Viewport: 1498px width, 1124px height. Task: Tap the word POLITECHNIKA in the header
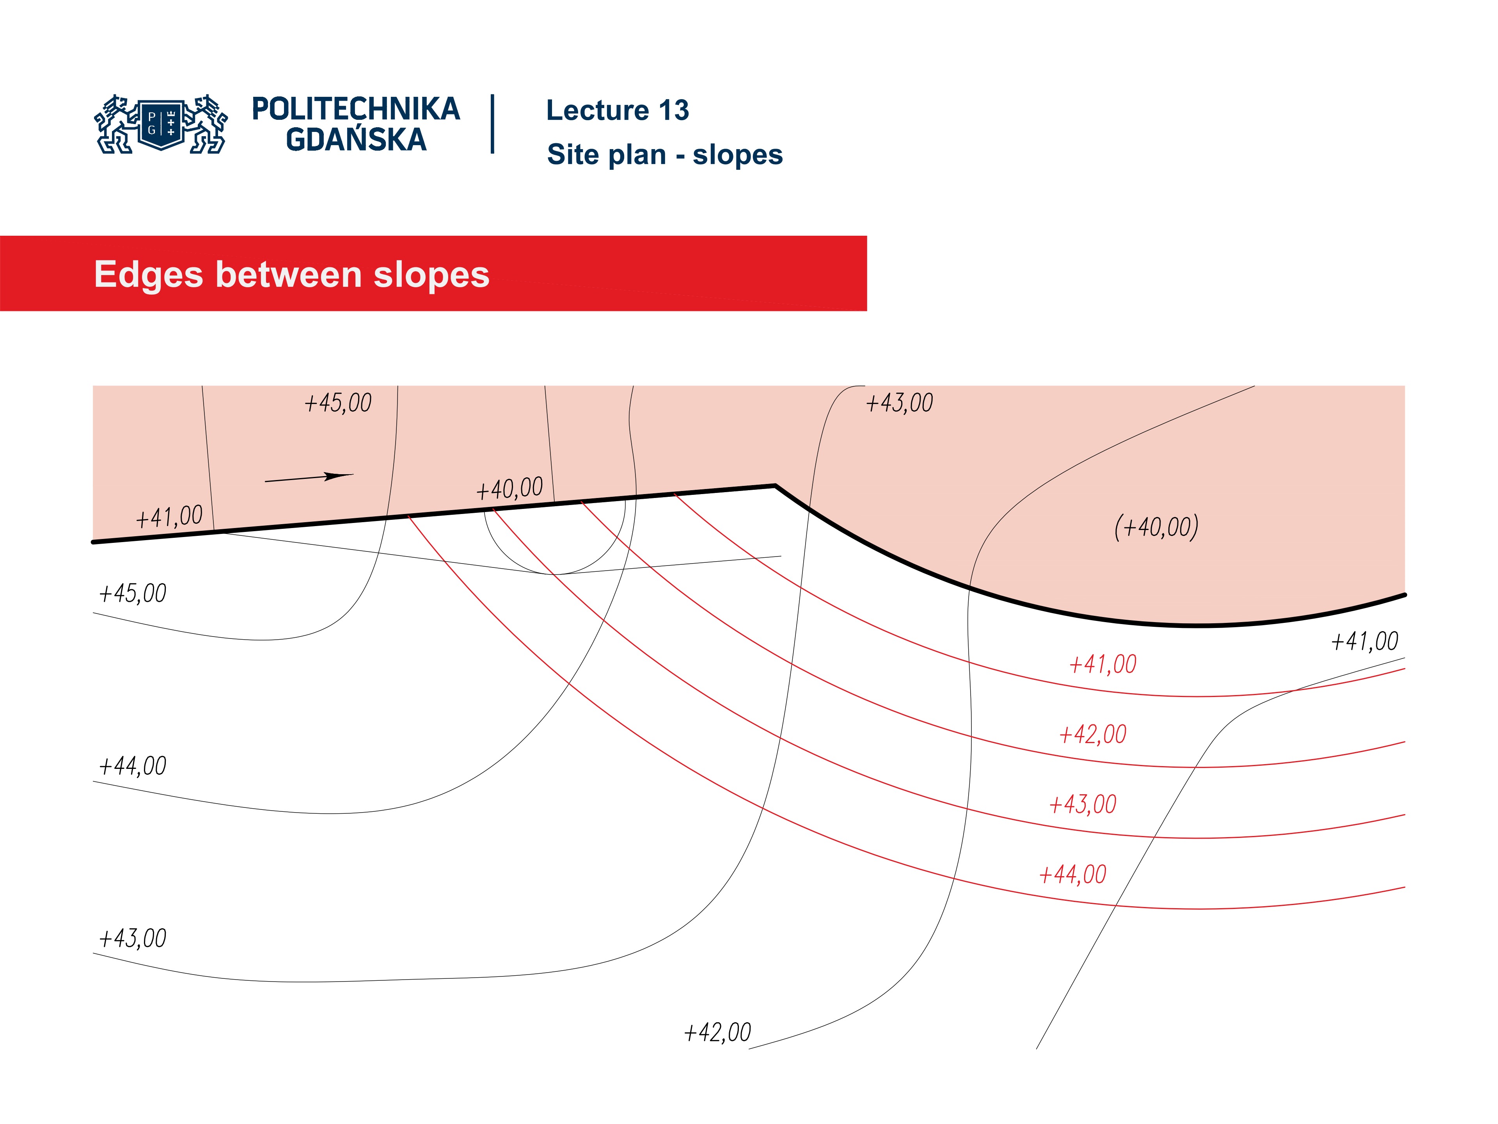point(355,109)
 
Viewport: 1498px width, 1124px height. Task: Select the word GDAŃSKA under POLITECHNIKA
point(355,140)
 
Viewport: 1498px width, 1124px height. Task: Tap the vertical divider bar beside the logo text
point(492,124)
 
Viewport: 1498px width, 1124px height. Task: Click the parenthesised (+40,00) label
point(1156,526)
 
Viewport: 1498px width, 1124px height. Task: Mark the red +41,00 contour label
point(1102,664)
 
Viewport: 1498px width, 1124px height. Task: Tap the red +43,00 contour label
point(1082,804)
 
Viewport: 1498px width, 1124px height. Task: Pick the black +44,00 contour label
point(133,766)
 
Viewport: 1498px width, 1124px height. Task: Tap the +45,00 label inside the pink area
point(338,403)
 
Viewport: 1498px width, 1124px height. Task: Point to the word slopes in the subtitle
point(737,155)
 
